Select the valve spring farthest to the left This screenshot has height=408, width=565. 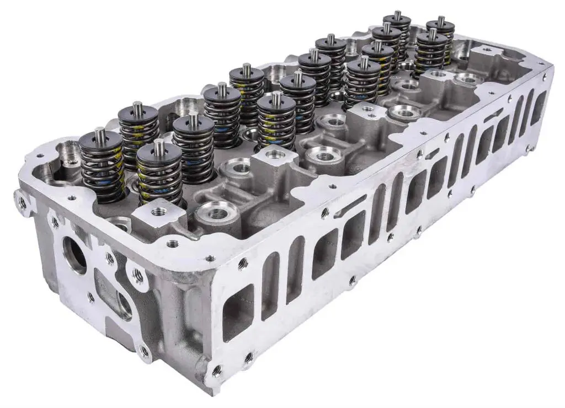[x=102, y=165]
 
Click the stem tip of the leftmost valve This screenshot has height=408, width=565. [x=100, y=134]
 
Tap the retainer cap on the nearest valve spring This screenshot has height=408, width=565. [x=159, y=154]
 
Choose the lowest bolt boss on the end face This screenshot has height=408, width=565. [x=145, y=351]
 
